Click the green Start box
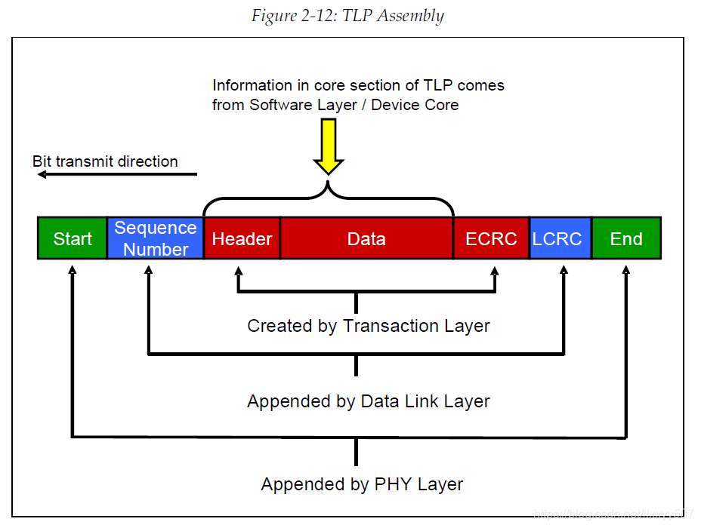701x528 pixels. [73, 238]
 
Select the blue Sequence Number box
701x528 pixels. [156, 238]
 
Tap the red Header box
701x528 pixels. [242, 238]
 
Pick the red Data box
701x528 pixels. [366, 238]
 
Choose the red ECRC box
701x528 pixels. [491, 238]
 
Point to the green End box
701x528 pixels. [626, 238]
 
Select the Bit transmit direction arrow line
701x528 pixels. [117, 174]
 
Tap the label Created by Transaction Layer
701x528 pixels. [369, 326]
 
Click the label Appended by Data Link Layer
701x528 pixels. [369, 401]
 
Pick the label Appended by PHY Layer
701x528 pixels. [363, 483]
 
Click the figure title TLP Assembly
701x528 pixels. [347, 16]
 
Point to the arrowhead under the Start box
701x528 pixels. [73, 269]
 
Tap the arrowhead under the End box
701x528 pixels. [626, 269]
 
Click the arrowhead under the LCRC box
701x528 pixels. [564, 269]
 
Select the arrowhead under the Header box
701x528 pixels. [239, 269]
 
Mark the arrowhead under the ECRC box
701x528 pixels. [496, 269]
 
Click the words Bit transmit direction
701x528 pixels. [105, 161]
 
